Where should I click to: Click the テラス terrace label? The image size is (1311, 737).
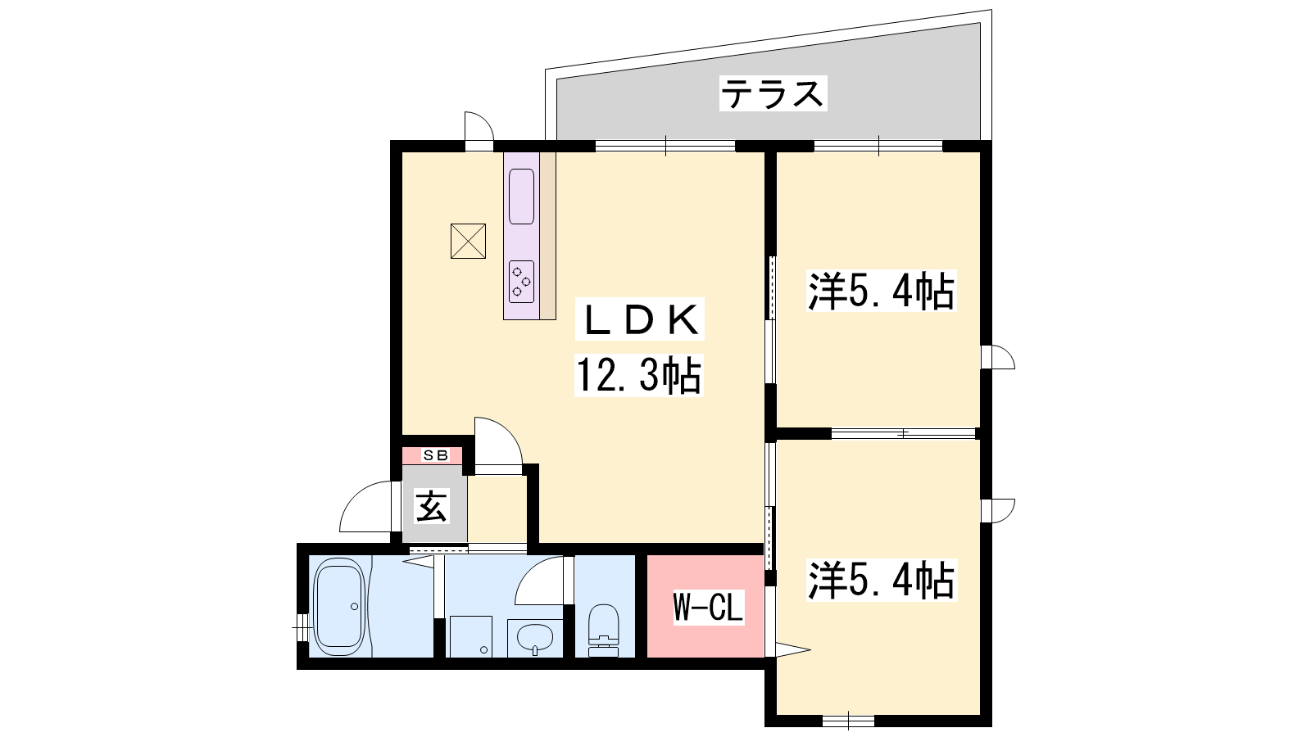(x=773, y=93)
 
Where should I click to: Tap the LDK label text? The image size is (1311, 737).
(x=640, y=319)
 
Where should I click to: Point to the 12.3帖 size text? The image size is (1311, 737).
(x=639, y=375)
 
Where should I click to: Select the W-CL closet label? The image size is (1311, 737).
(x=708, y=607)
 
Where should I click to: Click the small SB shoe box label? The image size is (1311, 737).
(x=435, y=455)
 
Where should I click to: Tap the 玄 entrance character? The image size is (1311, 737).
(x=432, y=506)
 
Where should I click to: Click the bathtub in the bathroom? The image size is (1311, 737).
(x=338, y=607)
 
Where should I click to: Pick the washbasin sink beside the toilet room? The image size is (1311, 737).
(x=535, y=638)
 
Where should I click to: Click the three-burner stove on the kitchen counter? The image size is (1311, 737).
(x=521, y=282)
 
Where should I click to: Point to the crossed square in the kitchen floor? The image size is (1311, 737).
(x=468, y=241)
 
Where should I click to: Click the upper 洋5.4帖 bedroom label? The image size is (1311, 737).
(x=880, y=291)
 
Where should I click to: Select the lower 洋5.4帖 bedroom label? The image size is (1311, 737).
(x=880, y=580)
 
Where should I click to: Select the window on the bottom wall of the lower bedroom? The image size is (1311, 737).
(x=849, y=721)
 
